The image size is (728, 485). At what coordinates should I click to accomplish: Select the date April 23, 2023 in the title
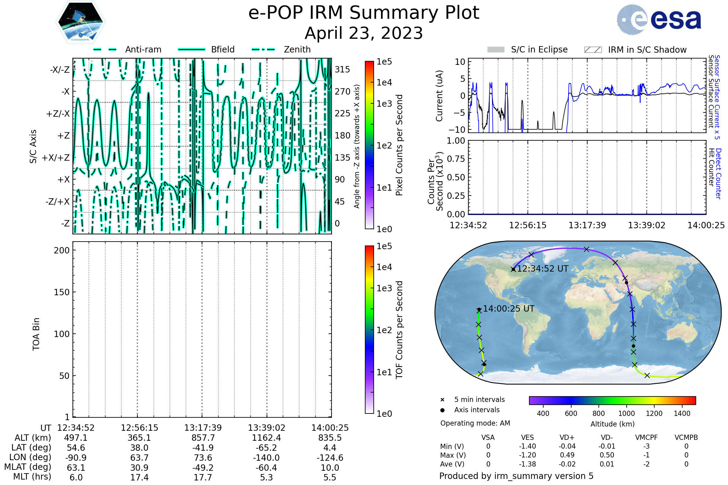[364, 33]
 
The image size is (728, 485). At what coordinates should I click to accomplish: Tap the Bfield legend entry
[223, 49]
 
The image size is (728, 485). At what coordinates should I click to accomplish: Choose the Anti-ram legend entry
[143, 49]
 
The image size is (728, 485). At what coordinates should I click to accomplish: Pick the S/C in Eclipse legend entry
[539, 49]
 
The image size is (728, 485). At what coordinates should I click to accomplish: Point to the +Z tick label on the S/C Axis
[63, 135]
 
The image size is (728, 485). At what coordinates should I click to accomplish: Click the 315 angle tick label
[342, 69]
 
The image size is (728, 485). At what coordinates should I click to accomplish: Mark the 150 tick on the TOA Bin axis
[62, 292]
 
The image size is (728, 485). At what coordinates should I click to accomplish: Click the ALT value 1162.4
[266, 438]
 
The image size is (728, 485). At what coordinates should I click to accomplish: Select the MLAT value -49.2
[203, 468]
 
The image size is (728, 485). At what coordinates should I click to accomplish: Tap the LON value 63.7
[139, 457]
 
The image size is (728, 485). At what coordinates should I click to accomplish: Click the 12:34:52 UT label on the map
[543, 269]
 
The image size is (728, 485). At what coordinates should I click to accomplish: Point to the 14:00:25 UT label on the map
[509, 308]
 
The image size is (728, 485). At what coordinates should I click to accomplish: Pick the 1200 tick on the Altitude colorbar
[654, 413]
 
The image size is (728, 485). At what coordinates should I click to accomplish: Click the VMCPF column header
[646, 437]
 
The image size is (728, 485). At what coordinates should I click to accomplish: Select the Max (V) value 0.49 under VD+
[567, 455]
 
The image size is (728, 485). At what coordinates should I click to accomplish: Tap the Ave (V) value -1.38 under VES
[527, 464]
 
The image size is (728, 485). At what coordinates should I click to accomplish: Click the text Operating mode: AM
[475, 423]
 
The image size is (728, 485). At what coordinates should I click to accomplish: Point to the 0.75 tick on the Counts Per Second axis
[456, 159]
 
